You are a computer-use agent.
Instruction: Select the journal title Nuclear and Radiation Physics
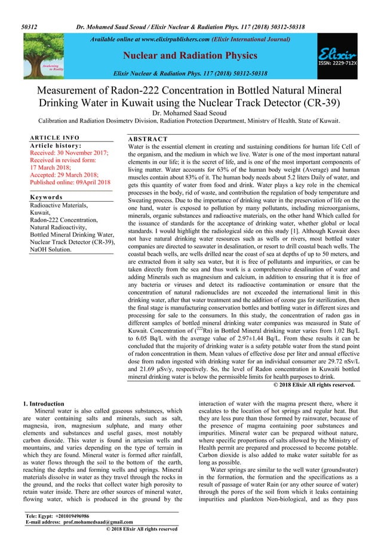click(190, 57)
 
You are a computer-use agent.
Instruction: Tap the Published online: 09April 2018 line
click(70, 182)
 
